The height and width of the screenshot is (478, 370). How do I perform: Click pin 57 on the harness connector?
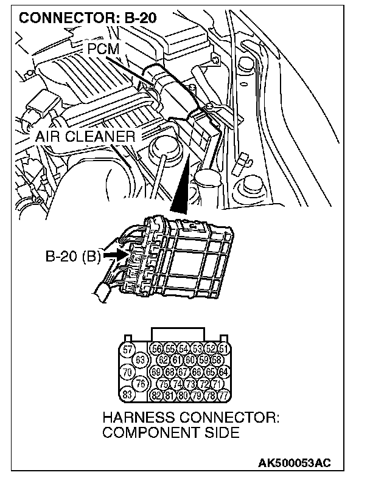127,349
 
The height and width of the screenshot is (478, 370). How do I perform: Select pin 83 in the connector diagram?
127,394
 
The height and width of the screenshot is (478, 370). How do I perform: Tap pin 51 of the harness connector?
223,349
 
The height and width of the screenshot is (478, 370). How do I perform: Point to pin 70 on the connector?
127,372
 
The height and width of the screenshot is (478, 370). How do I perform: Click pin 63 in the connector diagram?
141,360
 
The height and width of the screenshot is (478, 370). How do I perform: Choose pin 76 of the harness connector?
141,383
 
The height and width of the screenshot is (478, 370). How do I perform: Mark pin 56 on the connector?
156,349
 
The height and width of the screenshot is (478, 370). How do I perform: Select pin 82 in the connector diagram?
156,395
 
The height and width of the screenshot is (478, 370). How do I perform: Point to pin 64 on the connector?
223,372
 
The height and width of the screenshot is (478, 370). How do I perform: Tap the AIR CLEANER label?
85,137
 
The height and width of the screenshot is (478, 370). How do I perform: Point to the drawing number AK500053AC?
295,463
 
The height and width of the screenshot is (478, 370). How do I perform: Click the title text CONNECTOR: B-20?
88,18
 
